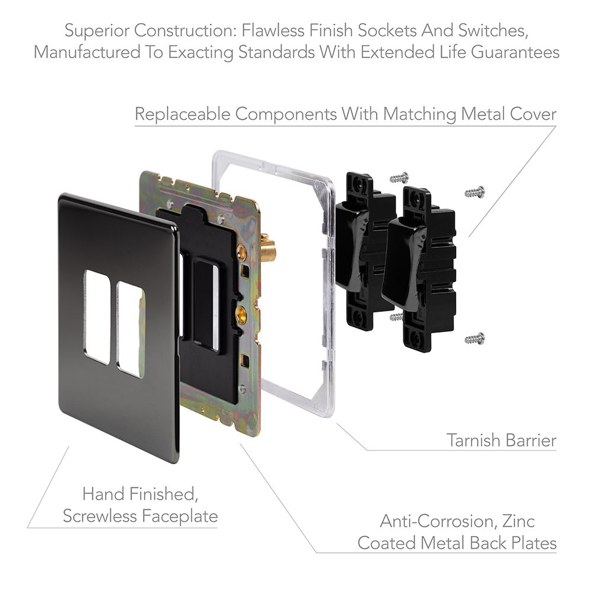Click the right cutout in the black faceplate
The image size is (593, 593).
coord(130,329)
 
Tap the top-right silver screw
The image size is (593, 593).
coord(474,192)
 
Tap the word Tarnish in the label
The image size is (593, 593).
coord(473,440)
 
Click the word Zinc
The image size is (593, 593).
coord(519,521)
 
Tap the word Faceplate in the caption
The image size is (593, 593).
coord(180,516)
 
